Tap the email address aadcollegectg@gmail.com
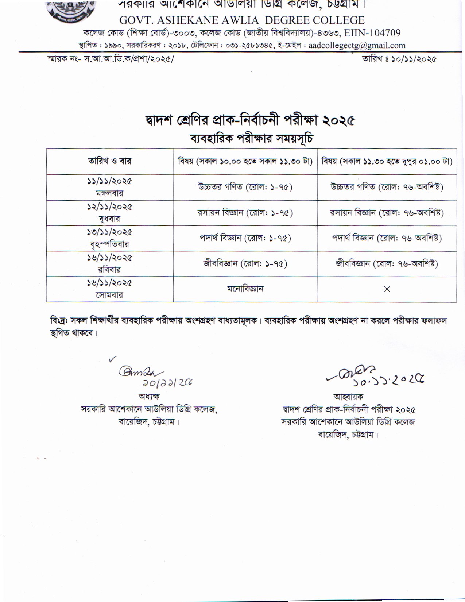[357, 46]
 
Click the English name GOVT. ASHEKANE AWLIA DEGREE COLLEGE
[242, 20]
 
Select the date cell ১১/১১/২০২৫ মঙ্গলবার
[109, 187]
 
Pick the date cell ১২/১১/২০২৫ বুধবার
[109, 213]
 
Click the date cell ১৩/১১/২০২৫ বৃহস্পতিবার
[109, 238]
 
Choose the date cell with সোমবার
[109, 289]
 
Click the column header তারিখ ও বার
[109, 161]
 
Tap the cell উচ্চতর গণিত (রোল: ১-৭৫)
[245, 187]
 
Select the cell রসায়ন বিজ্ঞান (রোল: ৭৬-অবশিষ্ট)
[387, 213]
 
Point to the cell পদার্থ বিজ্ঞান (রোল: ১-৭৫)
[245, 238]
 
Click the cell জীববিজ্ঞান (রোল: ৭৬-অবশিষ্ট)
[387, 263]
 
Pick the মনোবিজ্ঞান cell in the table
[245, 289]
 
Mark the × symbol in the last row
[387, 289]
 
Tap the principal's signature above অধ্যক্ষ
[140, 372]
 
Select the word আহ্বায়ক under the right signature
[348, 397]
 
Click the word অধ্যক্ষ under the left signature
[149, 396]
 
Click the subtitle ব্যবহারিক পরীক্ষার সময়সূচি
[251, 139]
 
